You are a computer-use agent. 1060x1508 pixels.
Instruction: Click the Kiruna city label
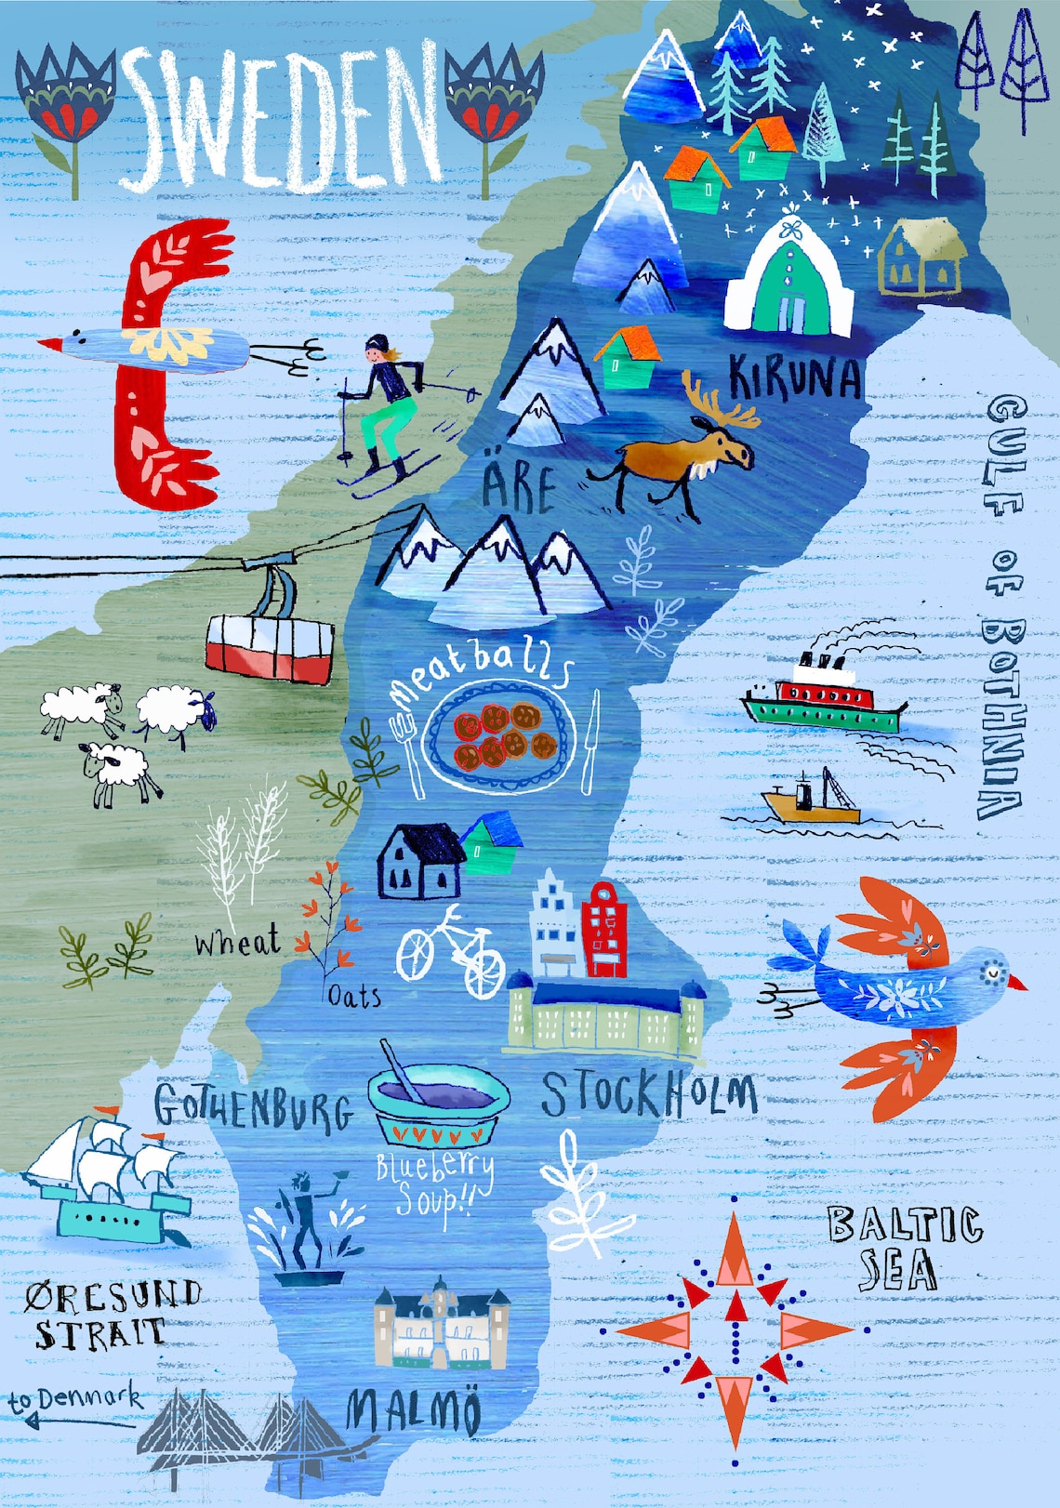click(x=795, y=377)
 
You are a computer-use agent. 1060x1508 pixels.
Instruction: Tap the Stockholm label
click(x=648, y=1094)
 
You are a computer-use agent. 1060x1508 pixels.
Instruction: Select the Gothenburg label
click(x=253, y=1107)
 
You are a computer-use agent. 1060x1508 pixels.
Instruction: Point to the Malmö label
click(x=415, y=1411)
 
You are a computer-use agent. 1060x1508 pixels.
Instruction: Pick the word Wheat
click(x=236, y=942)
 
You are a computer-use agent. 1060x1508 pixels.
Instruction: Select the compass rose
click(x=735, y=1329)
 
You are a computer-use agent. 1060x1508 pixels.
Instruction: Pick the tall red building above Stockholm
click(x=603, y=929)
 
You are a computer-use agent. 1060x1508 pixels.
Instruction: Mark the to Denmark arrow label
click(x=74, y=1404)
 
